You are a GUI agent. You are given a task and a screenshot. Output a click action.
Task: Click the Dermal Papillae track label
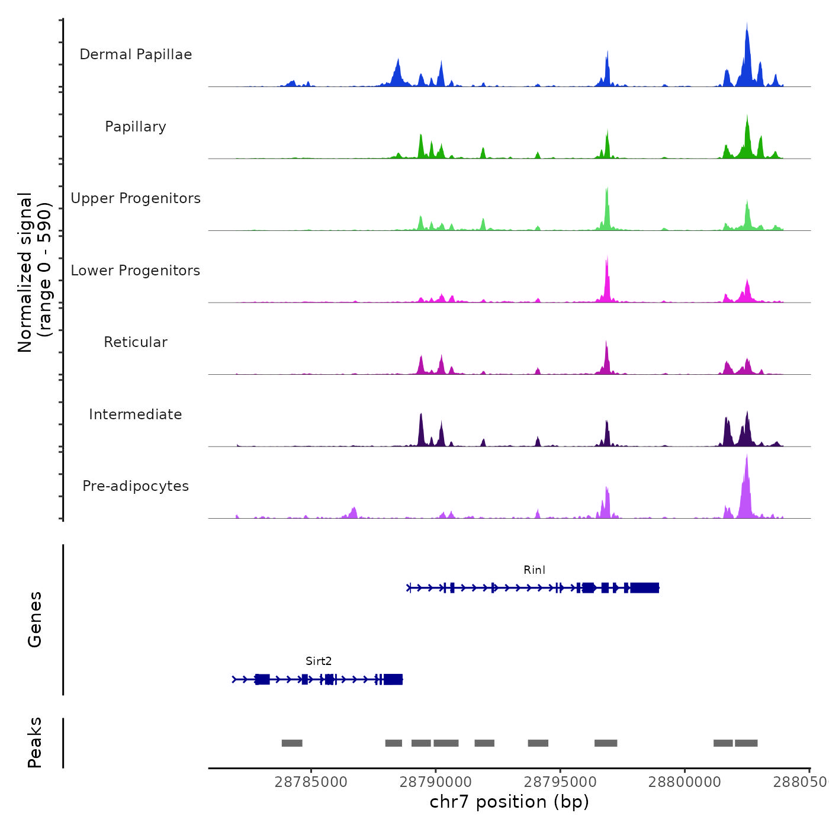tap(136, 54)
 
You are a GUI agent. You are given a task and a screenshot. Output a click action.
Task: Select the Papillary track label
tap(136, 127)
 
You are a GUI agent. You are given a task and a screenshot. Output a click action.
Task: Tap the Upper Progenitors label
tap(136, 198)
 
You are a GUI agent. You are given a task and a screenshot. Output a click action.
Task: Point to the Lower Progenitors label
tap(136, 271)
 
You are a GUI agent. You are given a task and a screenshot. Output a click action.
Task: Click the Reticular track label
tap(136, 342)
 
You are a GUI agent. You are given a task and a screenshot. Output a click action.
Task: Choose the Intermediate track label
tap(136, 415)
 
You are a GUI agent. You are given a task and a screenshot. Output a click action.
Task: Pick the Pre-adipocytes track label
tap(136, 486)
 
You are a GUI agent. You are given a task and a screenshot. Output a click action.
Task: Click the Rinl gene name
tap(534, 570)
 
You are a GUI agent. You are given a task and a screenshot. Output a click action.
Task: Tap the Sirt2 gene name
tap(319, 661)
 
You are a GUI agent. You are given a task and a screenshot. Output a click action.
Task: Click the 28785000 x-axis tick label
tap(311, 782)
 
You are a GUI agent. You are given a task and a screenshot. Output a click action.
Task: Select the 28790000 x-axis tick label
tap(436, 782)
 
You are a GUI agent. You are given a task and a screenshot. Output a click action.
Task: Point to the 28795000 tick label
tap(560, 782)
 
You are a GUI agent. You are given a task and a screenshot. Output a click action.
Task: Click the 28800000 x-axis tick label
tap(685, 782)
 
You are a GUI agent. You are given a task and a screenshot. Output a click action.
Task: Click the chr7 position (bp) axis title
tap(509, 802)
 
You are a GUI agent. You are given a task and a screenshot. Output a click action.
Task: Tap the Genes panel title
tap(35, 619)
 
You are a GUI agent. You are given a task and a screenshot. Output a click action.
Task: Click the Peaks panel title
tap(35, 743)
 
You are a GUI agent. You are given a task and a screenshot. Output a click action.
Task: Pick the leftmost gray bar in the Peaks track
tap(292, 743)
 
